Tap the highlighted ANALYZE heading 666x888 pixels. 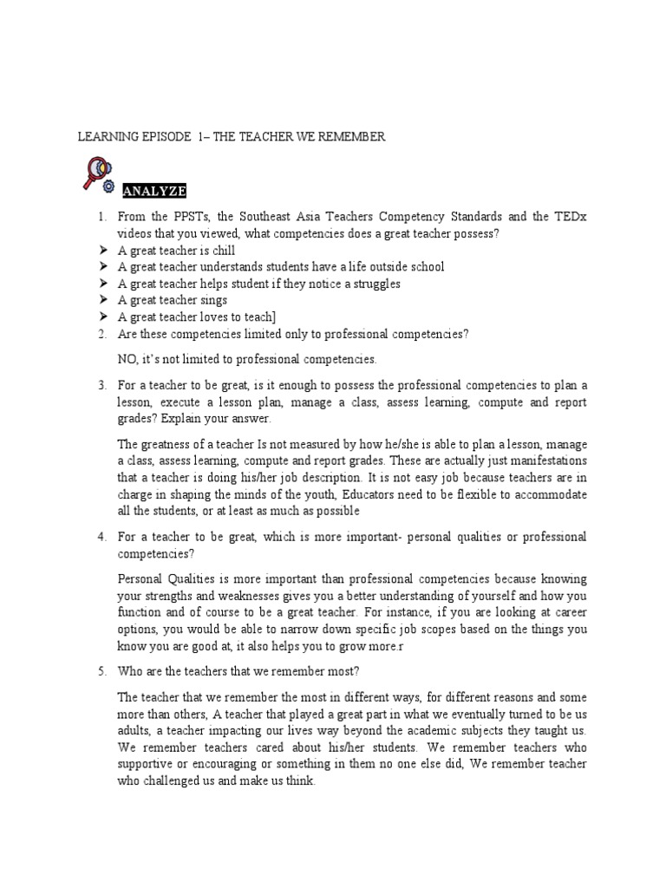(x=154, y=191)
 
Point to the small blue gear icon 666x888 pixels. (x=108, y=186)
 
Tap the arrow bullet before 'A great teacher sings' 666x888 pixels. (x=101, y=300)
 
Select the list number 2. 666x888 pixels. (x=101, y=334)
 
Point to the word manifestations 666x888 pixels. (x=545, y=460)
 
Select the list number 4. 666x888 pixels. (x=101, y=537)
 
